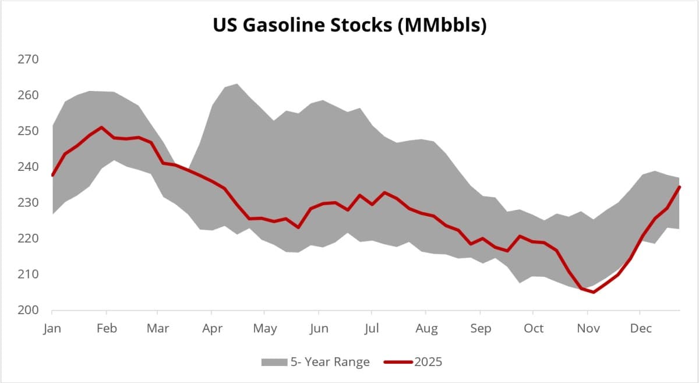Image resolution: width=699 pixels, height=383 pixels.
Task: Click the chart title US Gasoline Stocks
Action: (349, 26)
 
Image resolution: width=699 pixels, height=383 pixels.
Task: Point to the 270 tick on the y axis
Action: (29, 59)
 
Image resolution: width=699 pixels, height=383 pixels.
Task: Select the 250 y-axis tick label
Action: (29, 131)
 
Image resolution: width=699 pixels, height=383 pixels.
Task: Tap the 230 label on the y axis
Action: (29, 203)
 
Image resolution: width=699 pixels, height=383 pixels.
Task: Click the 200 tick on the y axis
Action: (29, 310)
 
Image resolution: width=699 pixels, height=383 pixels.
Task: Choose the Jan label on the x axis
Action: (52, 328)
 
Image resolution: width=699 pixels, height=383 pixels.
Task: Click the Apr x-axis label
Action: (212, 328)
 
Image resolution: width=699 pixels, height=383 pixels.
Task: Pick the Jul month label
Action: (372, 328)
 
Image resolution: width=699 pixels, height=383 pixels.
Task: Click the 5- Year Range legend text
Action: (330, 362)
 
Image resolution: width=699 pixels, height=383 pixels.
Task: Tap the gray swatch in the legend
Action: (274, 363)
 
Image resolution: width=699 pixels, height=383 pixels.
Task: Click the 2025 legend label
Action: (428, 362)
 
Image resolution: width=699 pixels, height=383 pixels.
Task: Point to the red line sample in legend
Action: (398, 363)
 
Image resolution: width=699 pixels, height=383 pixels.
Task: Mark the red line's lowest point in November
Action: (594, 292)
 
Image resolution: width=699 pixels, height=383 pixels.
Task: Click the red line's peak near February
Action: (102, 127)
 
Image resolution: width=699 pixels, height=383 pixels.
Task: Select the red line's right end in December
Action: (680, 187)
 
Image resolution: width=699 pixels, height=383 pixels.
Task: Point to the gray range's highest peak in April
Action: (236, 84)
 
